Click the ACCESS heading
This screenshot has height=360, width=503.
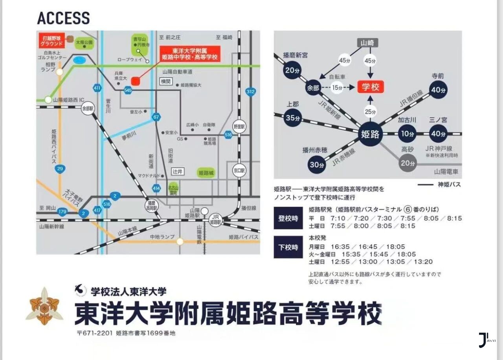pos(63,18)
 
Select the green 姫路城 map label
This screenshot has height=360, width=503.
pos(206,173)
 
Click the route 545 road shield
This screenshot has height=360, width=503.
pos(127,90)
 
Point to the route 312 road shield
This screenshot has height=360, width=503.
pos(250,92)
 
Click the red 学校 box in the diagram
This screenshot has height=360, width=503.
pos(370,87)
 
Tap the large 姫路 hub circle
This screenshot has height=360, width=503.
pos(370,134)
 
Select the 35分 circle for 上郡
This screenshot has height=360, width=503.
pos(293,118)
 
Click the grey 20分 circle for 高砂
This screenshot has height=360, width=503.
pos(408,163)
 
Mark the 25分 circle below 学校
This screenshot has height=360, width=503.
pos(370,112)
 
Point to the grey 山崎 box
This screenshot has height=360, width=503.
pos(368,43)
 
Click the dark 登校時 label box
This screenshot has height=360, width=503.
pos(288,218)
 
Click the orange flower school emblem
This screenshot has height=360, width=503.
pos(44,307)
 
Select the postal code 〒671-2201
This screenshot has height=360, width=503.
pos(95,333)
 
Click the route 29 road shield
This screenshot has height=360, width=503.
pos(60,169)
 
